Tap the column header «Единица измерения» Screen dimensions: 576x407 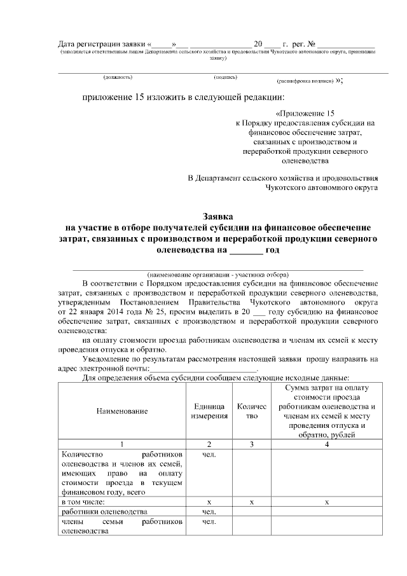(x=209, y=411)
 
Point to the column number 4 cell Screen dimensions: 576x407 (x=326, y=444)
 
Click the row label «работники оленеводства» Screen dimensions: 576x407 (x=104, y=511)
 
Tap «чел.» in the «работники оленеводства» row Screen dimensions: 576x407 (x=209, y=511)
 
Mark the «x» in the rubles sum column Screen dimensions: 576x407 (x=326, y=502)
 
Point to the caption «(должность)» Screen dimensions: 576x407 (x=118, y=78)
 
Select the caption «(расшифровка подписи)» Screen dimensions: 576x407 (x=305, y=81)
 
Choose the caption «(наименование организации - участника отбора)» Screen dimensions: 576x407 (x=218, y=273)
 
